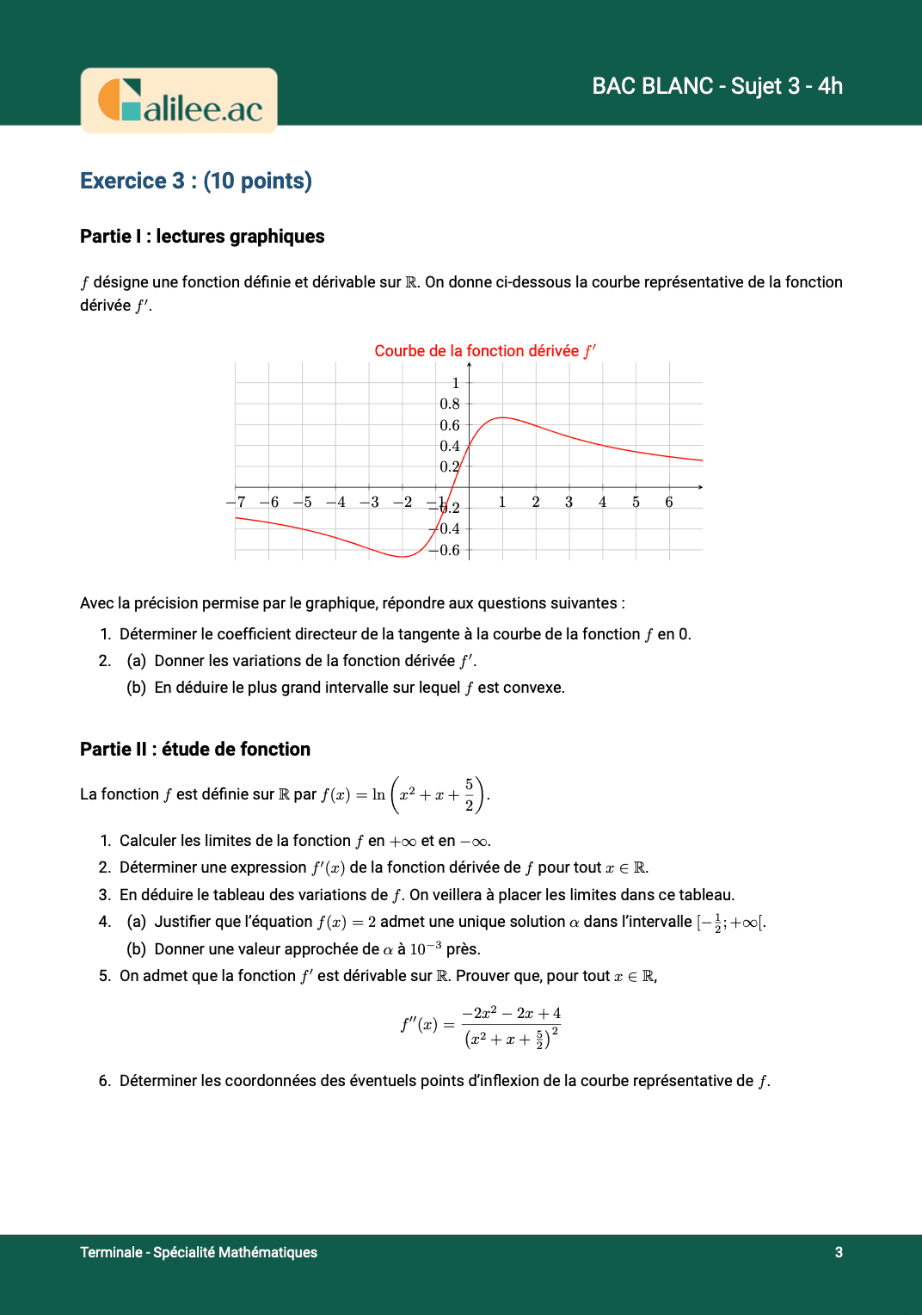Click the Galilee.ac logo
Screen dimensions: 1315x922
pos(179,101)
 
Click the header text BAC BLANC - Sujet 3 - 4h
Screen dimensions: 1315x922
pos(717,86)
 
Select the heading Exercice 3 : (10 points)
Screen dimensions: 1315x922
pos(196,181)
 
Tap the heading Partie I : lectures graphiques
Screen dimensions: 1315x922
pos(202,237)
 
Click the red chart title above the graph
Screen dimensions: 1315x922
pos(485,351)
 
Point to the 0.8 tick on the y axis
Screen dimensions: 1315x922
pos(450,404)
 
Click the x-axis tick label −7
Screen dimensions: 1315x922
pos(236,502)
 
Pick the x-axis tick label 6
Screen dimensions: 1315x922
pos(669,502)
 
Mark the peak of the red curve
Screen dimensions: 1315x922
pos(502,417)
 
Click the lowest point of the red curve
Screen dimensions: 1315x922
pos(403,557)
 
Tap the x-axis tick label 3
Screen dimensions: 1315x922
pos(569,502)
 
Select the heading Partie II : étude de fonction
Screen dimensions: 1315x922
pos(195,750)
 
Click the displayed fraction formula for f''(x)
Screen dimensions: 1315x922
pos(481,1026)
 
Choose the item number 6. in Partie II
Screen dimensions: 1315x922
pos(105,1081)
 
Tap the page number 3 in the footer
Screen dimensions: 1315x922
pos(839,1252)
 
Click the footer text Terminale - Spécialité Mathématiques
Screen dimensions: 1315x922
pos(199,1252)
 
